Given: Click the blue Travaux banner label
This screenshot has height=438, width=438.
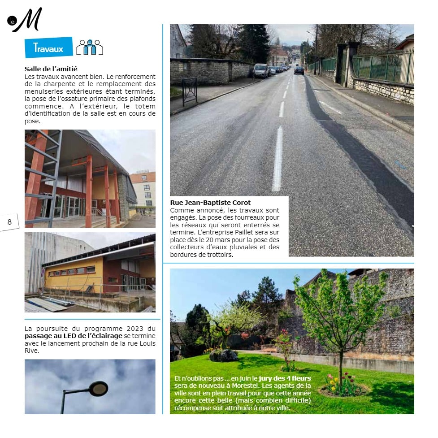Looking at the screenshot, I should point(48,48).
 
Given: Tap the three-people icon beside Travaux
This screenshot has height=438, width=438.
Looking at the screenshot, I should point(90,48).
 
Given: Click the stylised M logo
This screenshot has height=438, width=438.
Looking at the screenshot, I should point(28,20).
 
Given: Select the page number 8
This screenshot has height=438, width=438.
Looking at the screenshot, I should point(9,222).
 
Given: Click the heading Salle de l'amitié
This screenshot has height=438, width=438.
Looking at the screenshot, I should point(51,69).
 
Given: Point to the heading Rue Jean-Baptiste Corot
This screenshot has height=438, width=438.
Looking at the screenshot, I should point(210,203).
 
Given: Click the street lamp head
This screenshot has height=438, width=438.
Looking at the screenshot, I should point(98,388).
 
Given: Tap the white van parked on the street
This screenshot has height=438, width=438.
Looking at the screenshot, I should point(261,70).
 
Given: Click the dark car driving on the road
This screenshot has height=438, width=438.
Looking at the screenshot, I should point(299,70).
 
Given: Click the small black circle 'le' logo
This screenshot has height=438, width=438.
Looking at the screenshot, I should point(12,21).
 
